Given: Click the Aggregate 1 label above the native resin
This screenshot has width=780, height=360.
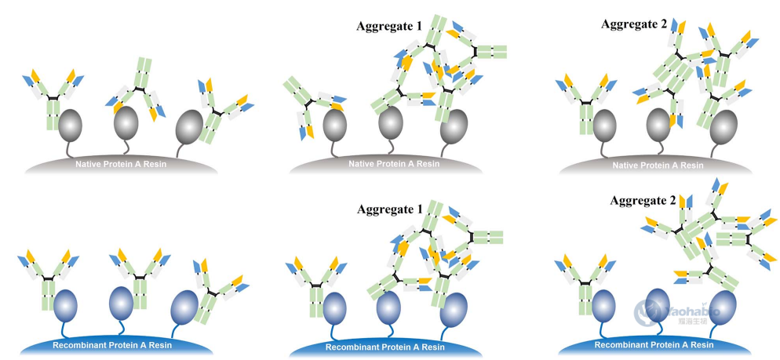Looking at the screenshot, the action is click(389, 27).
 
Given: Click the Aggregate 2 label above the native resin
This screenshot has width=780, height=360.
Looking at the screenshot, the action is click(634, 24).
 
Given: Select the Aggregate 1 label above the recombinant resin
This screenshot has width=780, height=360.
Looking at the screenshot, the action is click(389, 209).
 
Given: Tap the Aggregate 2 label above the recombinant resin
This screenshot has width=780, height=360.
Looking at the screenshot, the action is click(643, 201).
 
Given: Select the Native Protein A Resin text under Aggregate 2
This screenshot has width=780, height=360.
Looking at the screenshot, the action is click(658, 165).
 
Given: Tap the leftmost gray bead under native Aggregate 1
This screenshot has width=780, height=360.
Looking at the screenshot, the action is click(334, 125).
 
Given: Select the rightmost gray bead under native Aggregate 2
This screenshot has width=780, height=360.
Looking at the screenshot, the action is click(720, 125).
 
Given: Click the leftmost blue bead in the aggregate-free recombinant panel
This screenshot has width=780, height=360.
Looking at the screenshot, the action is click(64, 304).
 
